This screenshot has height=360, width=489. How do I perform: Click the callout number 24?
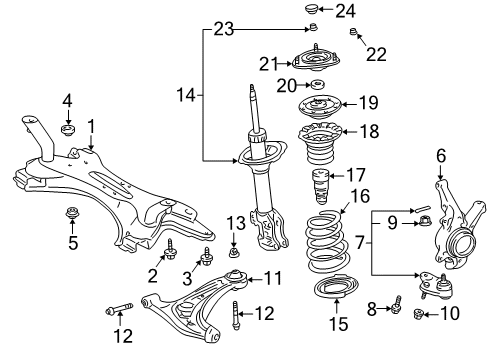pos(345,12)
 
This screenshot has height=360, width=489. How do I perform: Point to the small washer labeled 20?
pos(319,84)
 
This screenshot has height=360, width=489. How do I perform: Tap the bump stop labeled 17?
pos(319,184)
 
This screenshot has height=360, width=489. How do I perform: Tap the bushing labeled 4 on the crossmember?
pos(68,130)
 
